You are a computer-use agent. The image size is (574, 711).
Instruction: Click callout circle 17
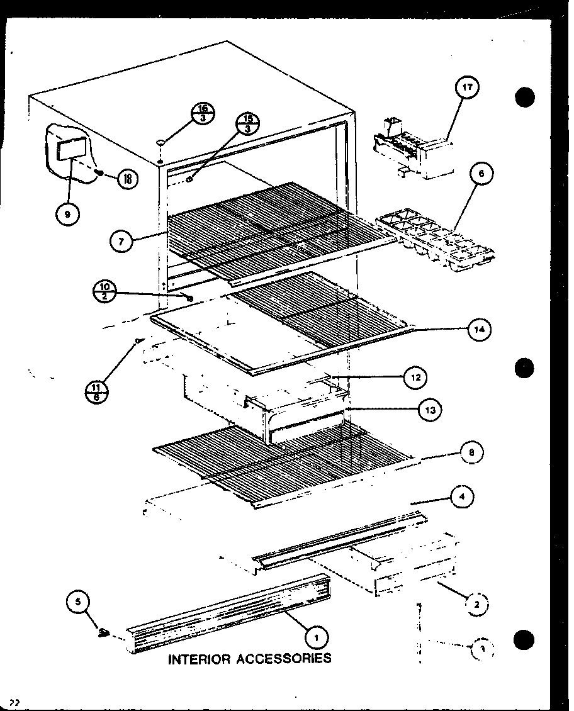click(x=468, y=89)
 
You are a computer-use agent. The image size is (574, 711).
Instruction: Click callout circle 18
click(x=127, y=179)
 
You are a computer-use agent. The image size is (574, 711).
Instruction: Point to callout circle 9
click(x=67, y=214)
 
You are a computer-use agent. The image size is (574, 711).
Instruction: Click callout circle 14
click(x=479, y=328)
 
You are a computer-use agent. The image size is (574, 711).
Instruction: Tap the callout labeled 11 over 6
click(x=96, y=391)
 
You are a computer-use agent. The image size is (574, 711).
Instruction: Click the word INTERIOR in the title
click(x=198, y=659)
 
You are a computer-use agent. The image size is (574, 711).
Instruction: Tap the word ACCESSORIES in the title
click(x=283, y=659)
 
